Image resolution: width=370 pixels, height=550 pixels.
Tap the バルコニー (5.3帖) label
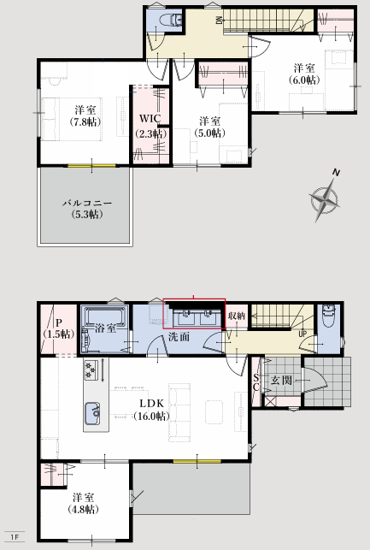87,209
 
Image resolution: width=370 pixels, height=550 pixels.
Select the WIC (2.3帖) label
150,126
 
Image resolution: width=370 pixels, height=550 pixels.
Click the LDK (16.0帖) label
151,410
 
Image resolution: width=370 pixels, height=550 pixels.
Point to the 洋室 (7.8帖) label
85,116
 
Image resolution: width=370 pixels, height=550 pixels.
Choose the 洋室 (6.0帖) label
304,74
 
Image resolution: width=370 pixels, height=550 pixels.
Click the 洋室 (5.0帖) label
209,127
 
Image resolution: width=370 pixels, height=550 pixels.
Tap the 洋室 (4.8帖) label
84,503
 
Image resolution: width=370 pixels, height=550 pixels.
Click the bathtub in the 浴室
105,316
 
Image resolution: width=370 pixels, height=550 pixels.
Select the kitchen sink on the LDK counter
92,413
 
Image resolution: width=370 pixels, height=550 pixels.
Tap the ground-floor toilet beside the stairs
329,316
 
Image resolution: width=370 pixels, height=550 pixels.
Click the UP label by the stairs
302,334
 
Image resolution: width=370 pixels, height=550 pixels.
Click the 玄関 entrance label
281,380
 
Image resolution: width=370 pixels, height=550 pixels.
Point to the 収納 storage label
236,316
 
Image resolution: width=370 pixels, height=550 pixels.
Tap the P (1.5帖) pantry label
58,328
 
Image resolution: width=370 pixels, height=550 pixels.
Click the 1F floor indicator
14,537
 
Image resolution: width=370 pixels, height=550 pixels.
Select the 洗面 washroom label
179,337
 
